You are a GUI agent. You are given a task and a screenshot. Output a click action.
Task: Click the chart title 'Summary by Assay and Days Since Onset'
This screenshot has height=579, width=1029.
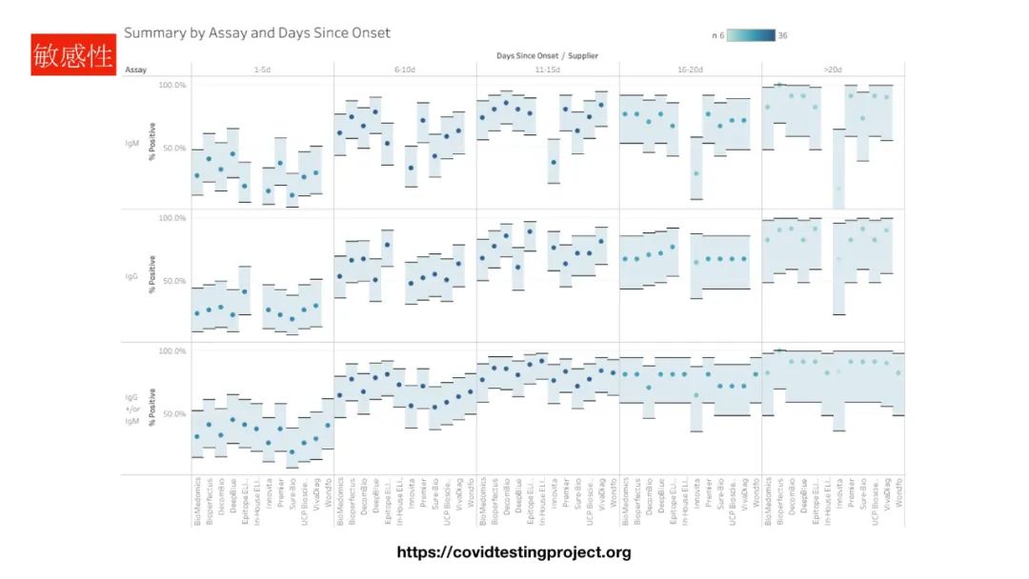(256, 33)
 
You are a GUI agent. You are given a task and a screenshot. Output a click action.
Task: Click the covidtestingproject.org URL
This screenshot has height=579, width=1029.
(514, 552)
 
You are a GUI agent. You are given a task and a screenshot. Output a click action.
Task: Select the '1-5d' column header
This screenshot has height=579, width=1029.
(262, 70)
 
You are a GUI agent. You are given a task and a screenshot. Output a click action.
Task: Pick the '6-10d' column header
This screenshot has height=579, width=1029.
(405, 70)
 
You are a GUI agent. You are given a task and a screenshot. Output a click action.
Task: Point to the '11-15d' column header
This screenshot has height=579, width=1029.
(548, 70)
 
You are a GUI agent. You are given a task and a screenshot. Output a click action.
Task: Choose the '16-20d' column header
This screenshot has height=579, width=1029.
(691, 70)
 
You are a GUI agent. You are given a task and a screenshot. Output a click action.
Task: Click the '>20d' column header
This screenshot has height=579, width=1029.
(833, 70)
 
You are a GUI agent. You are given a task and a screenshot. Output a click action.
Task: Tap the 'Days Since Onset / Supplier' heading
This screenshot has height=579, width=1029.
(547, 56)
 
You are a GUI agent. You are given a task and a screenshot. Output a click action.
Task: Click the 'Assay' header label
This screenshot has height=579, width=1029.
(135, 70)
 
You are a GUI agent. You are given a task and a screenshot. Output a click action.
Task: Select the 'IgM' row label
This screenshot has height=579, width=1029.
(131, 143)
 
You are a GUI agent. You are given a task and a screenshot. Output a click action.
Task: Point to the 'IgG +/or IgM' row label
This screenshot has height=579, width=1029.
(131, 409)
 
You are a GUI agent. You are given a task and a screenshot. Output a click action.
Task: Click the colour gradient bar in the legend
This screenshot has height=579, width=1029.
(752, 35)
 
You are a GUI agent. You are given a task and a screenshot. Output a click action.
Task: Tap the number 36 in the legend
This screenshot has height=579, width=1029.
(782, 35)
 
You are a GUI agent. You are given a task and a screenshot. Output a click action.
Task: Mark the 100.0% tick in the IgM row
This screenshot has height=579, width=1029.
(172, 86)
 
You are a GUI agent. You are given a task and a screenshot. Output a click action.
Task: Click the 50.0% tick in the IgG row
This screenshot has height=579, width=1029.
(172, 282)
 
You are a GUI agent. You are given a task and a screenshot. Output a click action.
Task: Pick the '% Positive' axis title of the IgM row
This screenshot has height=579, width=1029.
(151, 143)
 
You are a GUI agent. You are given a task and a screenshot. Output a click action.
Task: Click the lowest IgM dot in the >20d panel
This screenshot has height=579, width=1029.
(839, 189)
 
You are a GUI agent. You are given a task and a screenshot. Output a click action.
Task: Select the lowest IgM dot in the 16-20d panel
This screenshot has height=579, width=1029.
(696, 173)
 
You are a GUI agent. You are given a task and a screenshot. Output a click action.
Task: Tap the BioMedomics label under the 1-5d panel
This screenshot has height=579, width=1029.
(197, 501)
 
